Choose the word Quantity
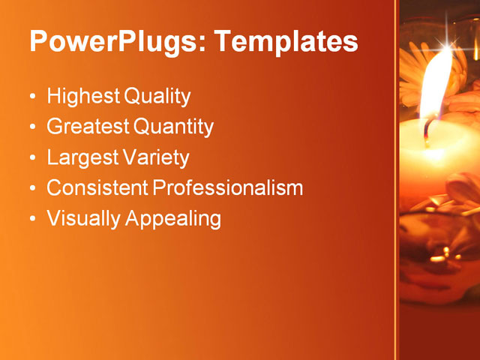tap(173, 127)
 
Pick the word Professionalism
tap(227, 188)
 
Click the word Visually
tap(82, 219)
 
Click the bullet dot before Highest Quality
tap(32, 97)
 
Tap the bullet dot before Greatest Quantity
tap(32, 128)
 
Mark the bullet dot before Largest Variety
tap(32, 159)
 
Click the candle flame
tap(436, 82)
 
